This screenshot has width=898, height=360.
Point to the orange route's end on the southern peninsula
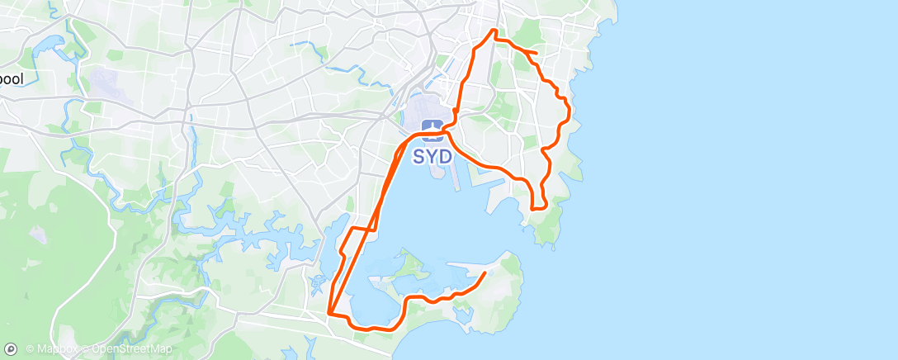(485, 272)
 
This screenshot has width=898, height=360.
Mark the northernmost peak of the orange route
(494, 31)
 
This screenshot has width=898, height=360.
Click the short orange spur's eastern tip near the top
(536, 54)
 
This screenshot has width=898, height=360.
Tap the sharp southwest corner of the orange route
(329, 313)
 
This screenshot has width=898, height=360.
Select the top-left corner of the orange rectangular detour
(352, 227)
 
